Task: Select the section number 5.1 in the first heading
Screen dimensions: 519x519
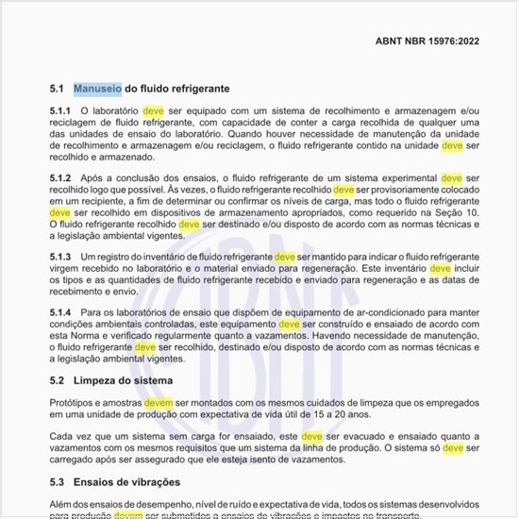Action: (x=56, y=88)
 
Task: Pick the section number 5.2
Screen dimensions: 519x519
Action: (x=56, y=380)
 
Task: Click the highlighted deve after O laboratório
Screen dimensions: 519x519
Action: (x=153, y=111)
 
